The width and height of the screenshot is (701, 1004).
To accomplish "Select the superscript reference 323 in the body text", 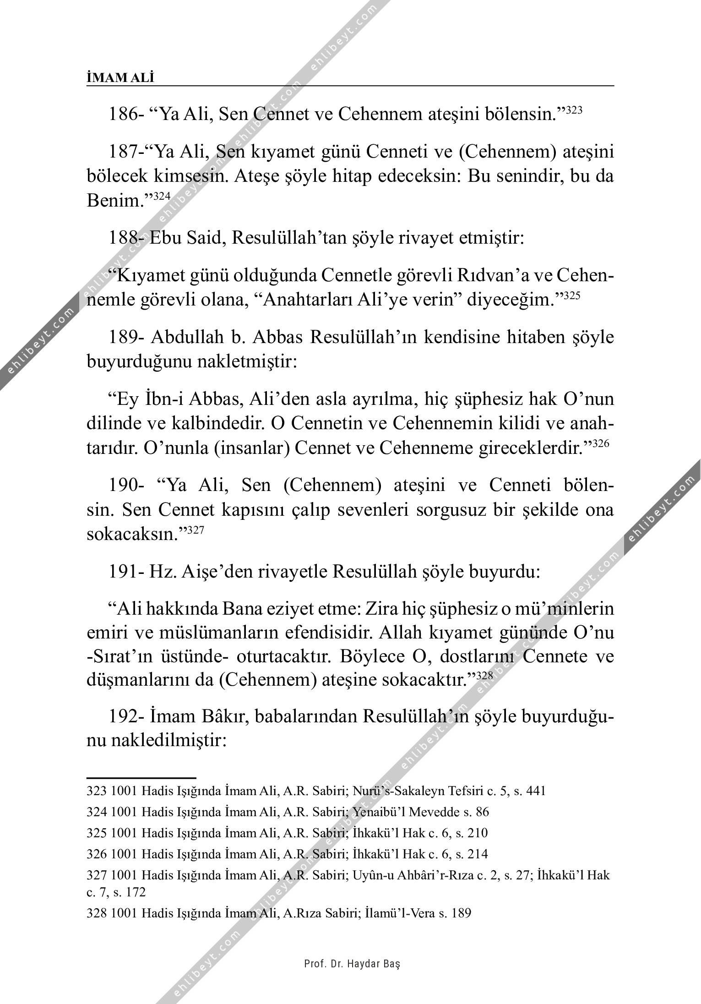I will (x=574, y=110).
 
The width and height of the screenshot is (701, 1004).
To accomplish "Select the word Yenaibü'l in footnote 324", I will (x=380, y=812).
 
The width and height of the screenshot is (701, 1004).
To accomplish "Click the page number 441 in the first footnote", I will (x=536, y=791).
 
